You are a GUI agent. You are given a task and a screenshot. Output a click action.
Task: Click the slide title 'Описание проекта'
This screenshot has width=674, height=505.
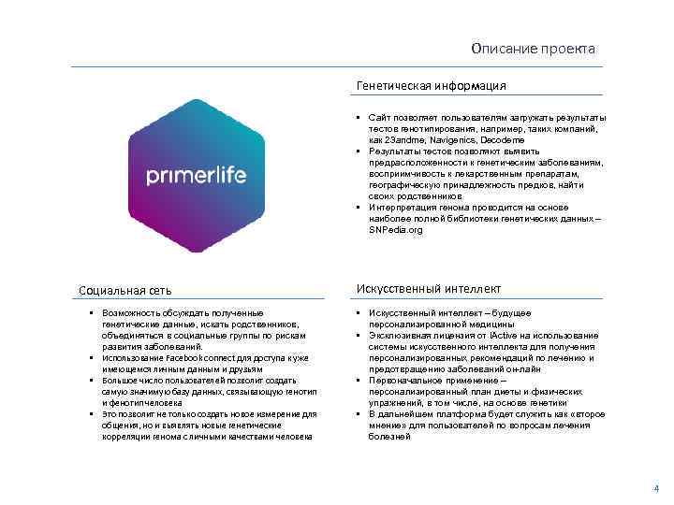tap(533, 49)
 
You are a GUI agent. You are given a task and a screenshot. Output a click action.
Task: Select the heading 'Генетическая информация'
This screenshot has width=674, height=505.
tap(432, 86)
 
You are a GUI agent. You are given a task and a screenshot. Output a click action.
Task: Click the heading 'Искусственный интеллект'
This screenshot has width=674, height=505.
tap(429, 289)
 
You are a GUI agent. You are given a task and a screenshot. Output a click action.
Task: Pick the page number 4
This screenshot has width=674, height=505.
tap(656, 489)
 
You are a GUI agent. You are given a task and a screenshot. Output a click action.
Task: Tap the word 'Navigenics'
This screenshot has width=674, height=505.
tap(457, 138)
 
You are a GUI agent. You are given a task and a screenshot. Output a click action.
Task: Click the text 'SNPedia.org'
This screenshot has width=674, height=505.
tap(397, 229)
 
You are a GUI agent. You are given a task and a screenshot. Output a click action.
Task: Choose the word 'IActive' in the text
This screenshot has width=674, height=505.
tap(506, 335)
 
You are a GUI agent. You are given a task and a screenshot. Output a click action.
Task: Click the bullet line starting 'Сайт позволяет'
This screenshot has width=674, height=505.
tap(487, 117)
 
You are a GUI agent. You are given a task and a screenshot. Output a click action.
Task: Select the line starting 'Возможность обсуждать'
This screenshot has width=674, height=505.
tap(183, 312)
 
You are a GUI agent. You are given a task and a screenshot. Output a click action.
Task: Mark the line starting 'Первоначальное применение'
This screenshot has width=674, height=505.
tap(444, 380)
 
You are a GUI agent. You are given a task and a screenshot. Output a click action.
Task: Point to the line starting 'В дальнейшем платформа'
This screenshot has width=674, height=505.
tap(487, 413)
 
